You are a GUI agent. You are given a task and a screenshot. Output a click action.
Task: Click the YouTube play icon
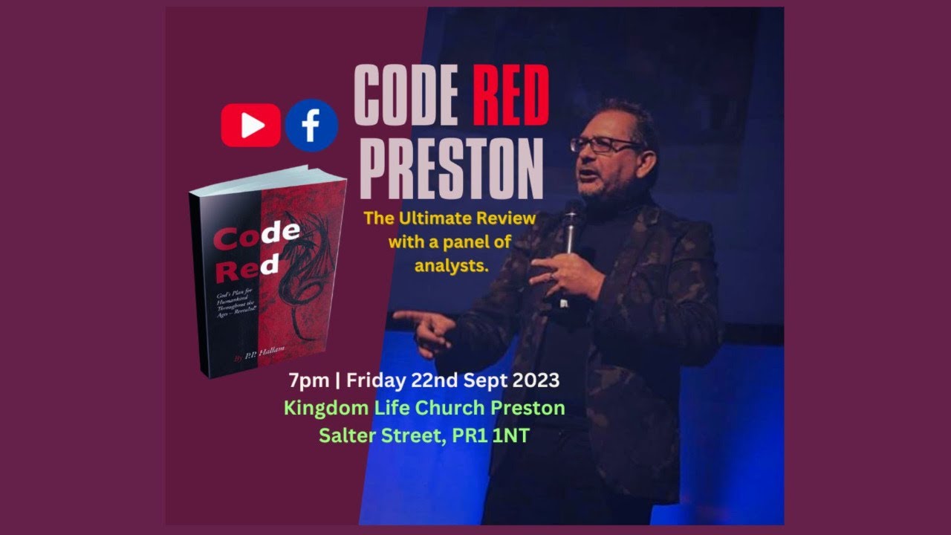click(x=251, y=125)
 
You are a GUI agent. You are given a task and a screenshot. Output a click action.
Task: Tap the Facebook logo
click(x=311, y=125)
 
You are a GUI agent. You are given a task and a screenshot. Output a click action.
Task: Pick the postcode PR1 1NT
click(x=487, y=435)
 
